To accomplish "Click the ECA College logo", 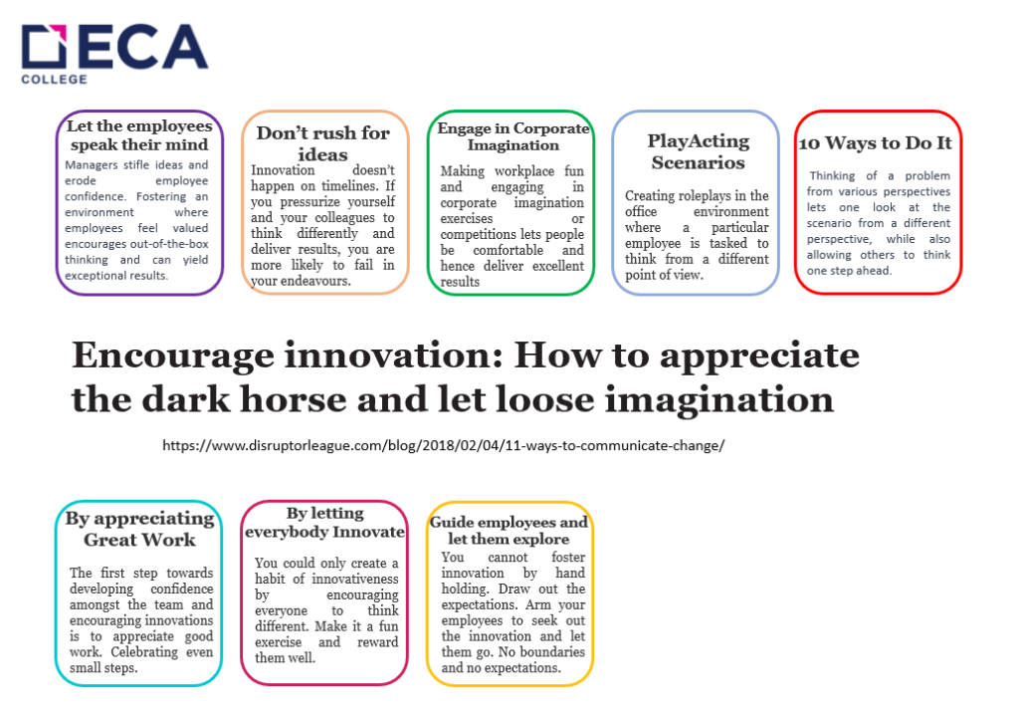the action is (x=114, y=54).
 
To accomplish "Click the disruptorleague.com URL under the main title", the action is (x=443, y=445).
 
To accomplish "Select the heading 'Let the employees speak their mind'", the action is (x=139, y=135).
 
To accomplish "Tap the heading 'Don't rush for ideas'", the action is (x=323, y=143).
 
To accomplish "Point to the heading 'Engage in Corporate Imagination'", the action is (x=513, y=136).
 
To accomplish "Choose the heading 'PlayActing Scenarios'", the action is (x=698, y=151).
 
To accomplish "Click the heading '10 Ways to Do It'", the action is (x=876, y=142).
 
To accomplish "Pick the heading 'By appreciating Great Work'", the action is (x=139, y=529).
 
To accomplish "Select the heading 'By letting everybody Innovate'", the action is (x=325, y=522).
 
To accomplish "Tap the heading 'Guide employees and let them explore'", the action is (x=509, y=530).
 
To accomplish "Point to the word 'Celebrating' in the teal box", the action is (x=144, y=652).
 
